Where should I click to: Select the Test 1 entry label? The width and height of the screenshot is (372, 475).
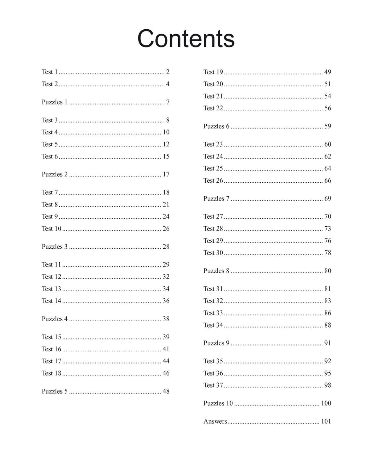[50, 72]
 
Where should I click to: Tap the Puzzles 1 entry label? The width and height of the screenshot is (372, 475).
[54, 102]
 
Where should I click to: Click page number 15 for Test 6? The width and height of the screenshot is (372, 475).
[166, 156]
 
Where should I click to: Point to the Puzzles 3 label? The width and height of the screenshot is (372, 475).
[54, 247]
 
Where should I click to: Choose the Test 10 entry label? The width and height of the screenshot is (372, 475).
[51, 229]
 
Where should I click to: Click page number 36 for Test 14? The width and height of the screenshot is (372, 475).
[166, 301]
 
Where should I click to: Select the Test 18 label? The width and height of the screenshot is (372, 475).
[51, 373]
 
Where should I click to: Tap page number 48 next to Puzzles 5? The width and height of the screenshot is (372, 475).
[166, 392]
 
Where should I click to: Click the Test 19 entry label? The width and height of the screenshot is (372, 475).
[213, 72]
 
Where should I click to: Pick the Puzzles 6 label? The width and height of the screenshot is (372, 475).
[216, 126]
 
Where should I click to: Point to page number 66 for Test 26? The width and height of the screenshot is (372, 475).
[328, 181]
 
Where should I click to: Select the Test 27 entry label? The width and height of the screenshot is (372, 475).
[213, 217]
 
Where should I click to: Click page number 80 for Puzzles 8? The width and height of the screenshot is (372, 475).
[328, 271]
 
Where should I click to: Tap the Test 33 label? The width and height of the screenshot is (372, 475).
[213, 313]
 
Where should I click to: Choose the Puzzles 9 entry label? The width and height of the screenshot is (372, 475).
[216, 343]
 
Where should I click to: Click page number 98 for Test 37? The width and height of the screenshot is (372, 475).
[328, 385]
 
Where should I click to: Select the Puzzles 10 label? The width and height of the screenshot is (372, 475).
[218, 403]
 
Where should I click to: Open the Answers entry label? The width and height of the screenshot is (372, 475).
[215, 422]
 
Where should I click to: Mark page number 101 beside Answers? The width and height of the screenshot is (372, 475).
[326, 422]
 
